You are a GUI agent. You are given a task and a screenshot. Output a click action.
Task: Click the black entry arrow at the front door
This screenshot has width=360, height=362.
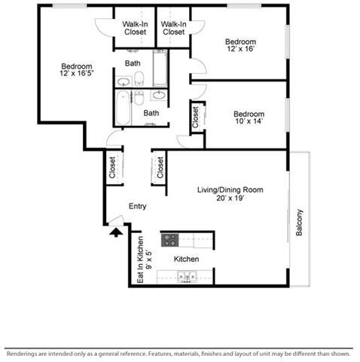pos(116,232)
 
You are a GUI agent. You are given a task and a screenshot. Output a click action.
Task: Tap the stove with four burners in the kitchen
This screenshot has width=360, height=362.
pos(169,240)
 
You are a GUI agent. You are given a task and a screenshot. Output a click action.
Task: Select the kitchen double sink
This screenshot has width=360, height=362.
pos(188,277)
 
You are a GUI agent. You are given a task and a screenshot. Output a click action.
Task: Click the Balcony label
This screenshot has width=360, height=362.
pos(299,222)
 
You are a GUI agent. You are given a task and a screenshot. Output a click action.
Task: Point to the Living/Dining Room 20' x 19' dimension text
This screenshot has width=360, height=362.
pos(230,198)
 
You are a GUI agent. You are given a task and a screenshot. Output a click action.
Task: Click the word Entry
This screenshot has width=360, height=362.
pos(137,206)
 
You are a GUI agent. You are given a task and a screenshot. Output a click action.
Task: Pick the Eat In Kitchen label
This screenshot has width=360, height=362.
pos(141,259)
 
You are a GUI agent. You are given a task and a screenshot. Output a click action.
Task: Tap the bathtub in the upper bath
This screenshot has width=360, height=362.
pos(160,68)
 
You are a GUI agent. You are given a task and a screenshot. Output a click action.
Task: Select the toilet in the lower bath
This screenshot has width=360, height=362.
pos(139,97)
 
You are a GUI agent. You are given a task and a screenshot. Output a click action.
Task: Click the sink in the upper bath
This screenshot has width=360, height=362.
pos(124,81)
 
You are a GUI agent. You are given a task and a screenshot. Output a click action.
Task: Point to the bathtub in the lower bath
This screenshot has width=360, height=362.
pos(123,108)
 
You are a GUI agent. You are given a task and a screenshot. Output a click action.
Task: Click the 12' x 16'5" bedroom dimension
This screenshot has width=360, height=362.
pos(77,73)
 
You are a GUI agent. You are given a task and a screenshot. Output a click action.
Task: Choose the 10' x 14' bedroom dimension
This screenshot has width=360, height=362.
pos(249,121)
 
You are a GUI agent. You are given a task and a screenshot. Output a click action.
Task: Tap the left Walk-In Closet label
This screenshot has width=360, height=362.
pos(135,28)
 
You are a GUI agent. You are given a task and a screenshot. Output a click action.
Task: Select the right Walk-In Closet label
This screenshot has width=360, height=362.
pos(173,28)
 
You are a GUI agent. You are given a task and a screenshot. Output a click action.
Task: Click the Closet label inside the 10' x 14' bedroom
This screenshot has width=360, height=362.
pos(195,117)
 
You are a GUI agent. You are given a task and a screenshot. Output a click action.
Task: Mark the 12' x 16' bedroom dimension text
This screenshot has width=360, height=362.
pos(241,49)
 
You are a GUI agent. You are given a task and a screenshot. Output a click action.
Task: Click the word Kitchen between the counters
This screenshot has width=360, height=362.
pos(186,259)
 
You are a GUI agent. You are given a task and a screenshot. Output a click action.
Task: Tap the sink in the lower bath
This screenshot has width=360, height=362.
pos(159,95)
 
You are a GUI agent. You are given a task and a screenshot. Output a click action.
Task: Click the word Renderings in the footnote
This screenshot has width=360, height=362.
pos(21,354)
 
